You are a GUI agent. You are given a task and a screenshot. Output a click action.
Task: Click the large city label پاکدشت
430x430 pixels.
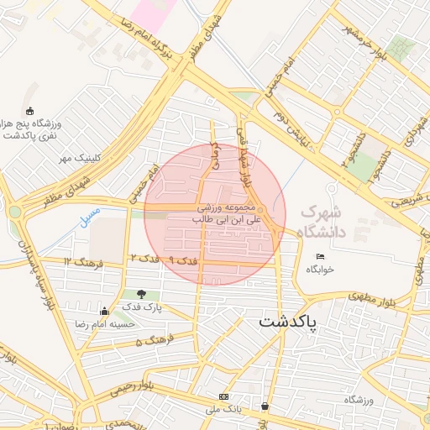click(x=289, y=322)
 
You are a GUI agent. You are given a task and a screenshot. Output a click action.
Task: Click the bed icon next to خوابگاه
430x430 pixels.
click(x=320, y=256)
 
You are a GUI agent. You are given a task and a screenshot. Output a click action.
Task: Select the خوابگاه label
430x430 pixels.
click(x=320, y=270)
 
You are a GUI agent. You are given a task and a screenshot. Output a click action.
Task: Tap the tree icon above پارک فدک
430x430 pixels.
click(x=140, y=294)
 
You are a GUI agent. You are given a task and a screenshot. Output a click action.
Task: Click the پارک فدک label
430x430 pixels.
click(x=140, y=308)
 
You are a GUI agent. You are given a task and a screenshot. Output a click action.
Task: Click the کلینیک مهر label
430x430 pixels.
click(x=80, y=158)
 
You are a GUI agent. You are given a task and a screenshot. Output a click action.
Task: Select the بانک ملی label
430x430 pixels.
click(x=224, y=409)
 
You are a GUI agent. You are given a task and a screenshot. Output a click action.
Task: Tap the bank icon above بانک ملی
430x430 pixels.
click(x=223, y=396)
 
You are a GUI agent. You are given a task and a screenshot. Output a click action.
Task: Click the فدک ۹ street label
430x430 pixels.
click(x=182, y=261)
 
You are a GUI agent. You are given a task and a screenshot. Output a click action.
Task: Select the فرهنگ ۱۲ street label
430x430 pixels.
click(x=82, y=262)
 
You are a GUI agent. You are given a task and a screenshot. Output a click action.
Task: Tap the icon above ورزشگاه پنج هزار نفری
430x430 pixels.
click(x=30, y=111)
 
